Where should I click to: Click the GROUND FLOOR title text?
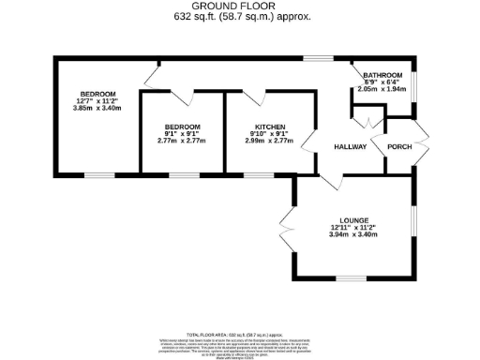pyautogui.click(x=239, y=6)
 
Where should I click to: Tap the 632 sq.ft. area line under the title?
pyautogui.click(x=239, y=17)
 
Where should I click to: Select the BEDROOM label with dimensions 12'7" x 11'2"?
pyautogui.click(x=97, y=94)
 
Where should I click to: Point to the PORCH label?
pyautogui.click(x=399, y=147)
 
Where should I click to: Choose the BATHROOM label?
pyautogui.click(x=382, y=75)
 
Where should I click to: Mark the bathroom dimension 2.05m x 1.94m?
pyautogui.click(x=382, y=89)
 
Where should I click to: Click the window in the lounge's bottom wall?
pyautogui.click(x=352, y=278)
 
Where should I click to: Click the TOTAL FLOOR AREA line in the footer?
pyautogui.click(x=239, y=334)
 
